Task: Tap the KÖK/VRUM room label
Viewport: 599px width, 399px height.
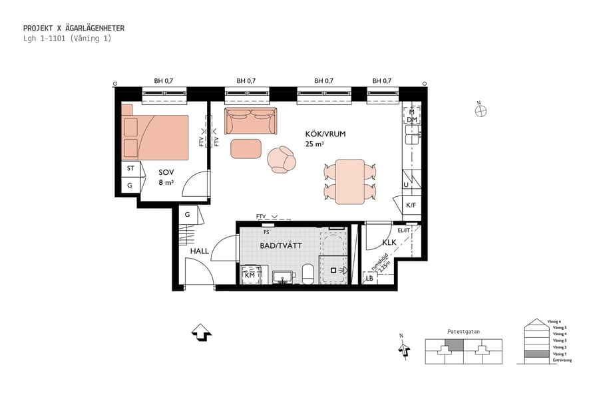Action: (x=325, y=134)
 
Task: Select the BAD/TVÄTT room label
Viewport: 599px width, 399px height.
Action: (x=280, y=245)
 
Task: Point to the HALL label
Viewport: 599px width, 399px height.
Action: (x=200, y=251)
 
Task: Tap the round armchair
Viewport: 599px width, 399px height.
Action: (x=281, y=160)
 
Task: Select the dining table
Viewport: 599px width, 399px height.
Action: (x=350, y=182)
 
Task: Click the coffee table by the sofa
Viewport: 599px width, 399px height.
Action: (x=247, y=148)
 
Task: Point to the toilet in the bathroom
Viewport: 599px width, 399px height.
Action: (x=308, y=273)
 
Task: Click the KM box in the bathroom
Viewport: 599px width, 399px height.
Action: (x=250, y=275)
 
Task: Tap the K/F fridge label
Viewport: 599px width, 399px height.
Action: (x=411, y=205)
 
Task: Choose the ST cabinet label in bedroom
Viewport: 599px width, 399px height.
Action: (x=130, y=169)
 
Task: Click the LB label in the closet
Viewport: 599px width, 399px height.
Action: (x=369, y=279)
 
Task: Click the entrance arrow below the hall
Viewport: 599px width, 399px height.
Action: (x=201, y=332)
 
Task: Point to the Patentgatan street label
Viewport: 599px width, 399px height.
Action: (x=463, y=331)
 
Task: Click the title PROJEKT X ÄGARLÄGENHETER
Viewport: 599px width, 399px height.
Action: (x=74, y=28)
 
